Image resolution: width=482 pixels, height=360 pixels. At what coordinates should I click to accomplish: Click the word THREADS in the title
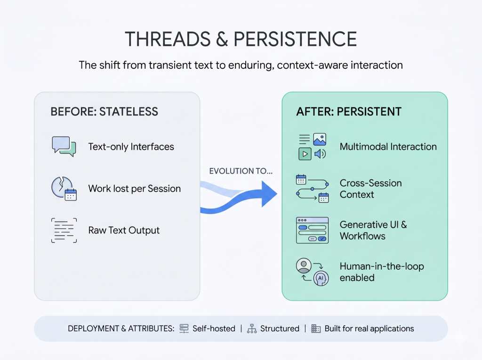168,39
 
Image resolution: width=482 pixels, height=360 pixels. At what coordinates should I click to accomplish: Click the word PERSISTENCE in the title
295,39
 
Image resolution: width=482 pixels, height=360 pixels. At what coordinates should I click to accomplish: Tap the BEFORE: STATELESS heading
104,112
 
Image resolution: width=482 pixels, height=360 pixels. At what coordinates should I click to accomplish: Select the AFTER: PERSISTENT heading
349,112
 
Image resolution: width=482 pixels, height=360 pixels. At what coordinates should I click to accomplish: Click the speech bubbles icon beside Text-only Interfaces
64,146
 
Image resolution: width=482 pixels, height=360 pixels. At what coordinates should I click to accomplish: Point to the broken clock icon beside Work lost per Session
64,188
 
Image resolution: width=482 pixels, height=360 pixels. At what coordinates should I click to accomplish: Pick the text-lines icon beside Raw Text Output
64,230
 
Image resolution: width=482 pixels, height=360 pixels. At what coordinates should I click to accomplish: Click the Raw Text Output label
124,230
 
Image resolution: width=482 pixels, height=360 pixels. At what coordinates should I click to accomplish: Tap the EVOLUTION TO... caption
241,171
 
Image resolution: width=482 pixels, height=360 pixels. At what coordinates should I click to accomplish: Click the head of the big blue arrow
269,194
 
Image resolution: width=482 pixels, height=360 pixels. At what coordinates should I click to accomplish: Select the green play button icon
305,154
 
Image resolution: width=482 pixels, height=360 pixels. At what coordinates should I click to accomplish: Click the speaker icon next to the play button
320,154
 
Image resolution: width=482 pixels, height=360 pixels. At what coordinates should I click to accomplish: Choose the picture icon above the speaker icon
320,139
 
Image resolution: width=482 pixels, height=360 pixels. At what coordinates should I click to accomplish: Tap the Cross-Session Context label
371,189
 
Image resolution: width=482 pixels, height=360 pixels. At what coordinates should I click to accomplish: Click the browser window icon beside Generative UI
313,230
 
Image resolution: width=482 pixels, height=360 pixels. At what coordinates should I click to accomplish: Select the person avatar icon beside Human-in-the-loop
304,265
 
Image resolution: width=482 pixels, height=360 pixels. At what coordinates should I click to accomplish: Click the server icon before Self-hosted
184,328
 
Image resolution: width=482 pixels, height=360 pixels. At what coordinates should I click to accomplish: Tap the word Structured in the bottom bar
280,328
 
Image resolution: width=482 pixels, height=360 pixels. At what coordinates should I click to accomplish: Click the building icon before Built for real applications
316,328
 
